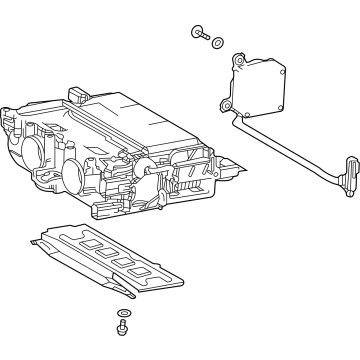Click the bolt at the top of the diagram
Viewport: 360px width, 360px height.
pyautogui.click(x=196, y=35)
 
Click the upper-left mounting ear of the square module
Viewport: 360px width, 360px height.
pyautogui.click(x=239, y=63)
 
